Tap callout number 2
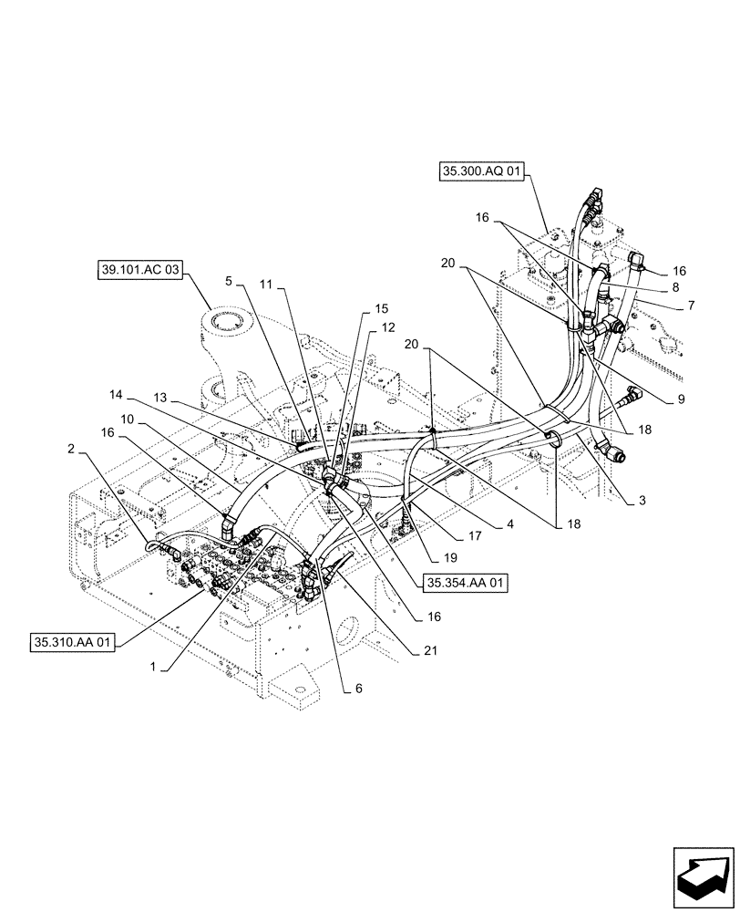click(70, 449)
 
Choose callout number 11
click(265, 285)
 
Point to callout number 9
click(681, 399)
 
